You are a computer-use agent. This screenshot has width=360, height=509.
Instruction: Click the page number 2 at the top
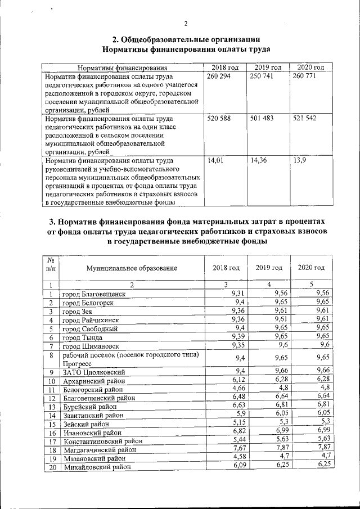[x=185, y=23]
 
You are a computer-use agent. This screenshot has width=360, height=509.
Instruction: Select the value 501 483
[x=261, y=119]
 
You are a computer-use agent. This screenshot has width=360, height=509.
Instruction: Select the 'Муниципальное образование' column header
[x=132, y=268]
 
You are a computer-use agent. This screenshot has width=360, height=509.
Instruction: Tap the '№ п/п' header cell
[x=51, y=268]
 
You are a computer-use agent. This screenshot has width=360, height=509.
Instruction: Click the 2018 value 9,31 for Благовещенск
[x=238, y=292]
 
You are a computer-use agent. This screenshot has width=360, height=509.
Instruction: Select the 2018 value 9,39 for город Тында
[x=238, y=336]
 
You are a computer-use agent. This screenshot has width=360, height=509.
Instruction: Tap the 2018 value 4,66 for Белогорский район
[x=238, y=387]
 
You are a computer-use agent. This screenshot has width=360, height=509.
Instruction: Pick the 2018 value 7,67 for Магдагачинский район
[x=238, y=447]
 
